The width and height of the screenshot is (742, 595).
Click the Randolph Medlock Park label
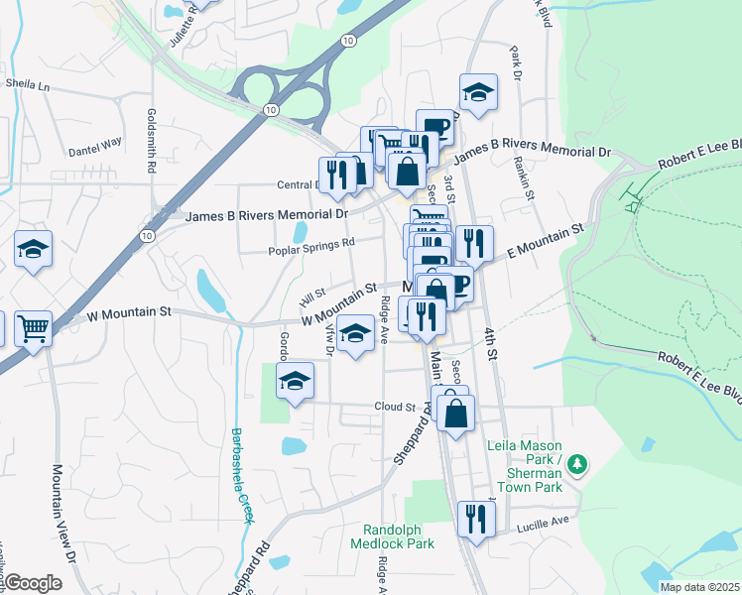click(x=399, y=536)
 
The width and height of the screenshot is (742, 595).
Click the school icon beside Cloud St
click(x=295, y=382)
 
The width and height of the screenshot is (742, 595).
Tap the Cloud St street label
click(x=395, y=407)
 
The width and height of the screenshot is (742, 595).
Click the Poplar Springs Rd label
click(x=311, y=247)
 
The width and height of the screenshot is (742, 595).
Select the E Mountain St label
click(x=548, y=241)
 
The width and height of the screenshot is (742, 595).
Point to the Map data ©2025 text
click(x=699, y=587)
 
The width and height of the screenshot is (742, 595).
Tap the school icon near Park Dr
click(x=478, y=92)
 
